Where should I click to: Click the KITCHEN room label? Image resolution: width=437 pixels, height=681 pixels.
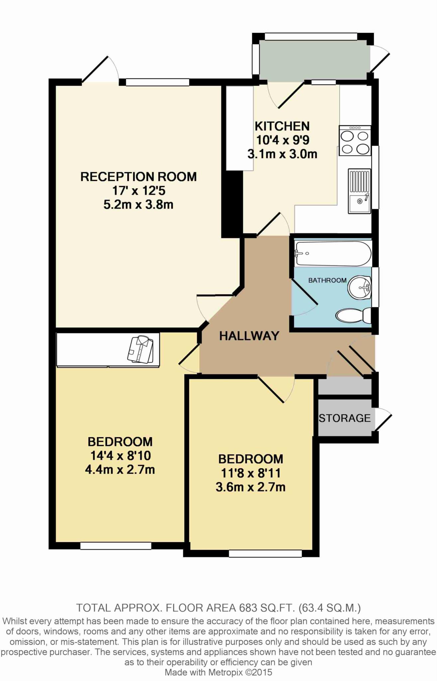(x=282, y=126)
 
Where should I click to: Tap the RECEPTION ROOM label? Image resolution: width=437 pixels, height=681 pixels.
(x=139, y=177)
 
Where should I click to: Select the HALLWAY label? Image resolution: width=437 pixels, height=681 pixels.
(x=249, y=336)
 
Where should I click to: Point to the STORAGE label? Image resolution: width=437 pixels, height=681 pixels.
(x=345, y=418)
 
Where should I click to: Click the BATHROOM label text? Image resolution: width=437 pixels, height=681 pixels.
(x=327, y=280)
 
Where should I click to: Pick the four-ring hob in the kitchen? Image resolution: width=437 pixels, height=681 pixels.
(x=355, y=141)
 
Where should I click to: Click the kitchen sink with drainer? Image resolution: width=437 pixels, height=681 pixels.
(x=359, y=191)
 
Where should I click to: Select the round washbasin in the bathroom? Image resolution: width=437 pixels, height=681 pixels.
(x=360, y=287)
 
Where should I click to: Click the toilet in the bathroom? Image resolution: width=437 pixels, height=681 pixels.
(x=353, y=316)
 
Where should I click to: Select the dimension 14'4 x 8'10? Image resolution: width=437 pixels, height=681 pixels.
(x=120, y=456)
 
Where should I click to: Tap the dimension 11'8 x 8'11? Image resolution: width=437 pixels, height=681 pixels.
(x=251, y=473)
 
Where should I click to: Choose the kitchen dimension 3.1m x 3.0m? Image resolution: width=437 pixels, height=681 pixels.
(x=282, y=154)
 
